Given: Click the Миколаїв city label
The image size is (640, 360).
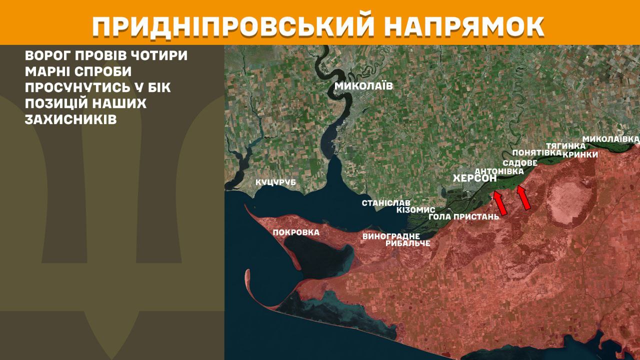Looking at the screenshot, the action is (363, 86).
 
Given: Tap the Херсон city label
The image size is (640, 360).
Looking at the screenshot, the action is (474, 178).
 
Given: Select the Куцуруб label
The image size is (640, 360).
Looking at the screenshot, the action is (275, 182).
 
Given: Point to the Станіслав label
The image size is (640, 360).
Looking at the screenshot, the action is (386, 203).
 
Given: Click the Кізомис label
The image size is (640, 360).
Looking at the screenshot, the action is (415, 210).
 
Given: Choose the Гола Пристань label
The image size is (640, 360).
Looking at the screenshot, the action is (464, 217).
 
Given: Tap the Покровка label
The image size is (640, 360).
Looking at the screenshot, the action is (296, 232).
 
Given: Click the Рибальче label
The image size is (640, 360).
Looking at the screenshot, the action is (408, 243).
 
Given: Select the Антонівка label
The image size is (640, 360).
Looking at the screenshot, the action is (498, 171).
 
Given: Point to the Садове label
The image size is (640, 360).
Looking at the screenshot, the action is (520, 163).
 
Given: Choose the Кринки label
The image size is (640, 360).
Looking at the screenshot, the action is (580, 154).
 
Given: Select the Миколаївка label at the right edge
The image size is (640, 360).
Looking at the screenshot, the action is (611, 138).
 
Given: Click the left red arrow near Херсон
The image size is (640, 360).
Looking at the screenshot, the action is (500, 204).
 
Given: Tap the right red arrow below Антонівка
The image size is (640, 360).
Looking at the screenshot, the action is (523, 197).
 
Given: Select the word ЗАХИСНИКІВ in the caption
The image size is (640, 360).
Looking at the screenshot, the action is (70, 120).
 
